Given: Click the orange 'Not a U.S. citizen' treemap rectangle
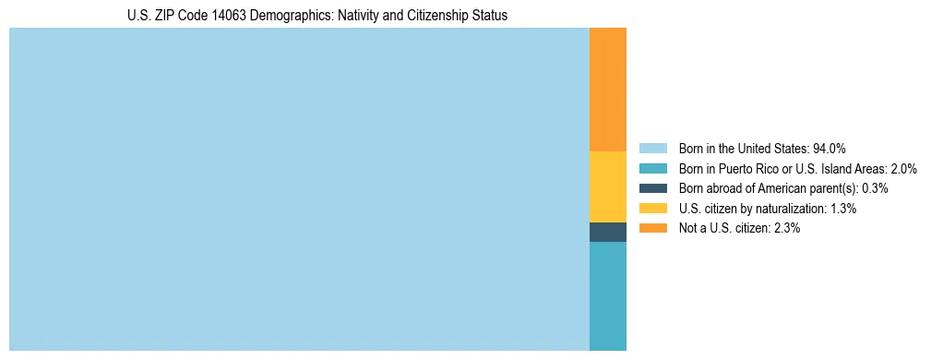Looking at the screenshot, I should point(607,90).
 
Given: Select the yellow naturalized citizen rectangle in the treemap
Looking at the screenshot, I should point(607,186).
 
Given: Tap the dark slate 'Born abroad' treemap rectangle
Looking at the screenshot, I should point(607,232).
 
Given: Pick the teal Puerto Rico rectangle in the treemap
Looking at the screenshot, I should point(607,295).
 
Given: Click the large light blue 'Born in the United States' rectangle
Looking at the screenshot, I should point(299,189).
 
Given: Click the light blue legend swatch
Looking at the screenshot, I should point(652,149).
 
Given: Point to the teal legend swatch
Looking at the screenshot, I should point(652,169).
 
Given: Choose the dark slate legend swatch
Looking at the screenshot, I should point(652,188).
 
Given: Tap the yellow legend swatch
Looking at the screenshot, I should point(652,209).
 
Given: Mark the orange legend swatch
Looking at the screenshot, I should point(652,228).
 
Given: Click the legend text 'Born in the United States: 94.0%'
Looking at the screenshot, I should point(762,149).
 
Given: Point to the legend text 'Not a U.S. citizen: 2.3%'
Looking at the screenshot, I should point(739,228).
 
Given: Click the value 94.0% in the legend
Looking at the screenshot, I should point(830,149).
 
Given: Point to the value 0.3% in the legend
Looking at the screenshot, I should point(875,188).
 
